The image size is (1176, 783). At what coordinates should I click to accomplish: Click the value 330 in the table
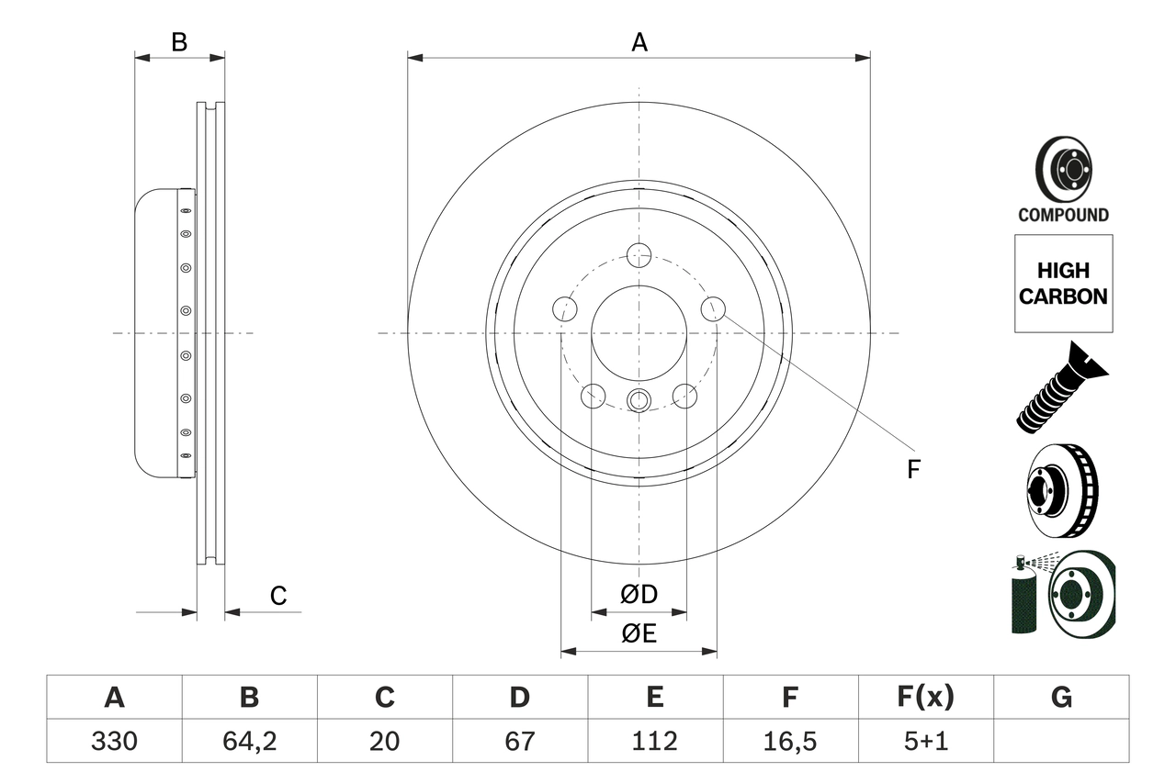point(114,741)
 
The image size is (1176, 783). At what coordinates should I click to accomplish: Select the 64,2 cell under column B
point(249,741)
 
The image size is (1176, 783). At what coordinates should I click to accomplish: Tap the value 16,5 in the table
point(789,741)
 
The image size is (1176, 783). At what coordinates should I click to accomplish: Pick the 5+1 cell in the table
point(924,741)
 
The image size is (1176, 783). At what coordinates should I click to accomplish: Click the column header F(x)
point(924,698)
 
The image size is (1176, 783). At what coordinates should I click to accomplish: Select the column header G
point(1061,698)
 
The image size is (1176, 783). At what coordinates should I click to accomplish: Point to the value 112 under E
point(654,741)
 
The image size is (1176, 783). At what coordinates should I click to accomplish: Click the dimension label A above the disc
point(639,42)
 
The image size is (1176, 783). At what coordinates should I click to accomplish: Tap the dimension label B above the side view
point(179,42)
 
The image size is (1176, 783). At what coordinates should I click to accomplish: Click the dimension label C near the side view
point(278,597)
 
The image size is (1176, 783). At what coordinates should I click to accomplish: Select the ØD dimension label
point(639,595)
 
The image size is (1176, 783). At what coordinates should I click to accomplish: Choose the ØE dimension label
point(639,634)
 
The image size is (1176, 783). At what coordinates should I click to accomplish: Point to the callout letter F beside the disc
point(912,470)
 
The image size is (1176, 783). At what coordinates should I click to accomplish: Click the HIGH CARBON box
point(1063,284)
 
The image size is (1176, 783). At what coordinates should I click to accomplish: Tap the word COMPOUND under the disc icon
point(1063,215)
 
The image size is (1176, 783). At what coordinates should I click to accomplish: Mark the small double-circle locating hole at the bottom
point(639,399)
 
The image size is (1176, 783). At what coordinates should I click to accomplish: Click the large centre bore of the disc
point(639,332)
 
